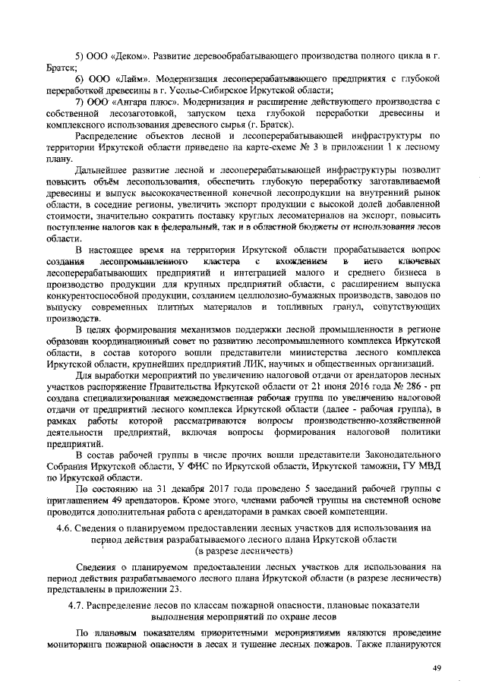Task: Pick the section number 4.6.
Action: click(x=77, y=527)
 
